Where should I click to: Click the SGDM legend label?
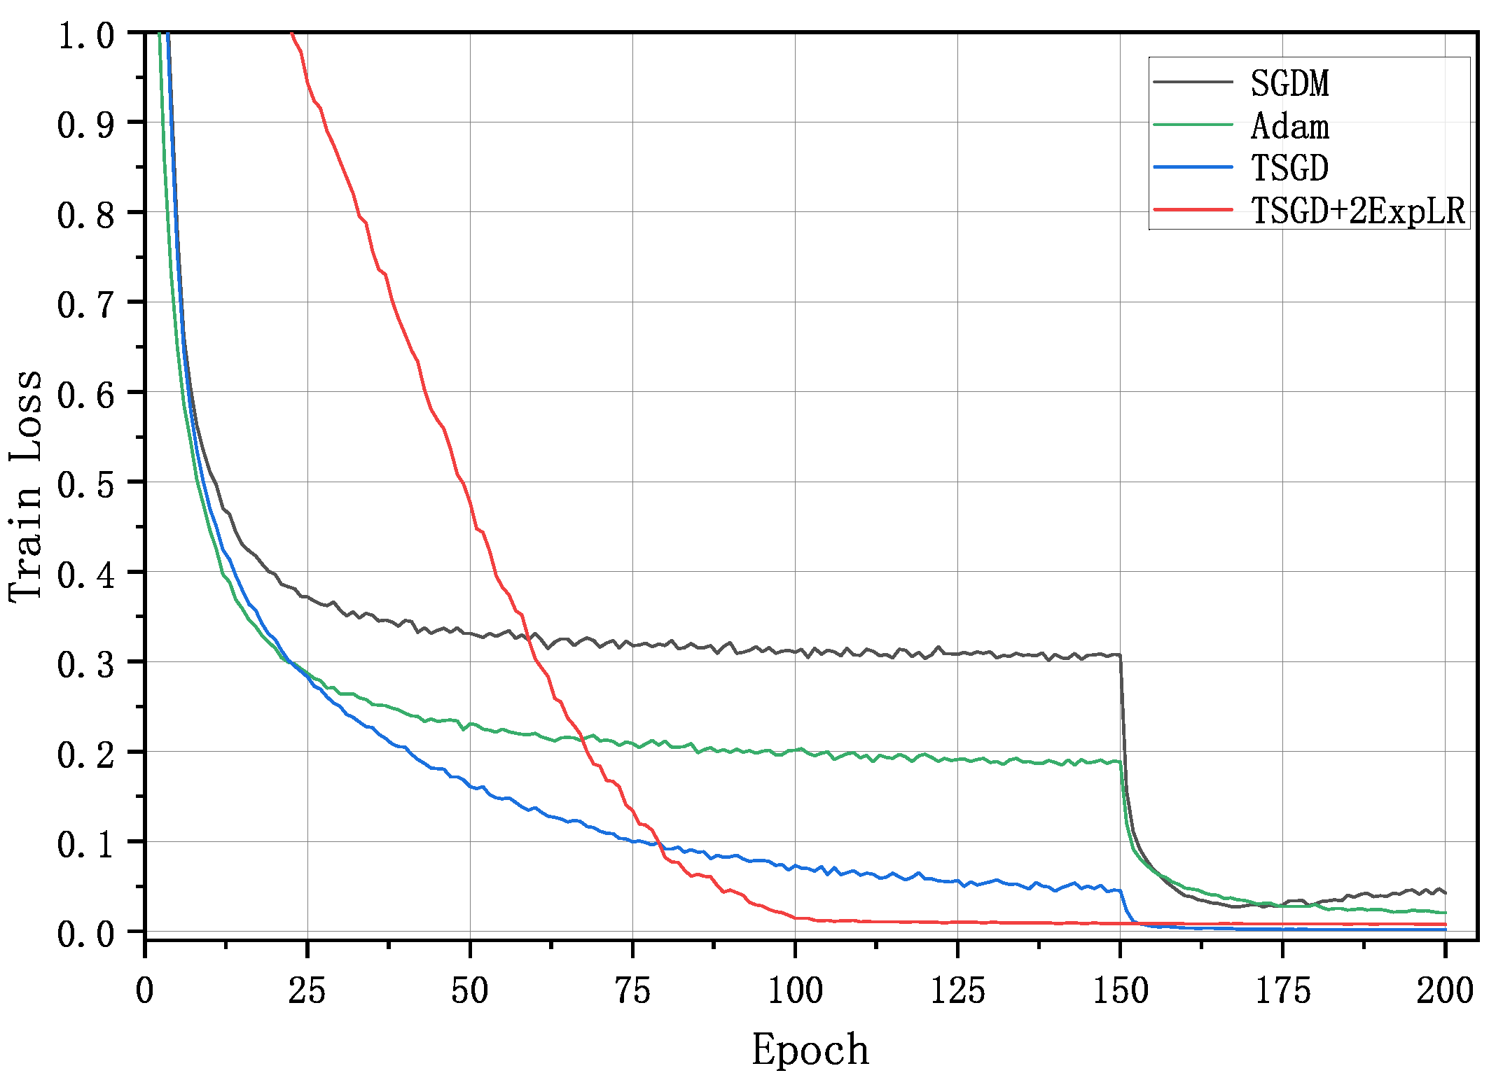[1289, 83]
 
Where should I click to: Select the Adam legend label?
[1289, 127]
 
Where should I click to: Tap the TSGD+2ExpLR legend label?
[1358, 210]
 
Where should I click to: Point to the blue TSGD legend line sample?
[1193, 167]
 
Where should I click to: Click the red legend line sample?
[1193, 209]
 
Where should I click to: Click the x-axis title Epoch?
[810, 1050]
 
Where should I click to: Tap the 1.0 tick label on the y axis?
[85, 35]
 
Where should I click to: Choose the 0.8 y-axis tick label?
[85, 215]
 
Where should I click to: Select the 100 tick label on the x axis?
[795, 991]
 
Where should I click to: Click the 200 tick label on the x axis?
[1445, 991]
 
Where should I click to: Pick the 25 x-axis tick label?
[307, 991]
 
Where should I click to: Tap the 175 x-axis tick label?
[1282, 991]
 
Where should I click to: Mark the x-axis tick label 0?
[145, 991]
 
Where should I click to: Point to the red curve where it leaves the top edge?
[291, 34]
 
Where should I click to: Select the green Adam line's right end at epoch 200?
[1445, 913]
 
